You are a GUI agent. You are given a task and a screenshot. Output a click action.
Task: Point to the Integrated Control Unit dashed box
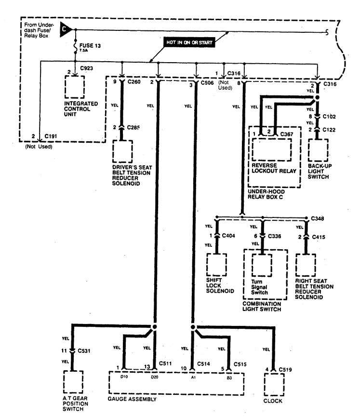(74, 87)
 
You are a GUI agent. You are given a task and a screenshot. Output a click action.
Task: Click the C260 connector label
(134, 82)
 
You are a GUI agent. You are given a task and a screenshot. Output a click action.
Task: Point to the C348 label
(317, 218)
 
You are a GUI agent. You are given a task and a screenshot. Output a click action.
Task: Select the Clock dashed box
(274, 384)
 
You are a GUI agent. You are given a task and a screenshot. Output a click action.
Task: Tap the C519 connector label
(287, 370)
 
